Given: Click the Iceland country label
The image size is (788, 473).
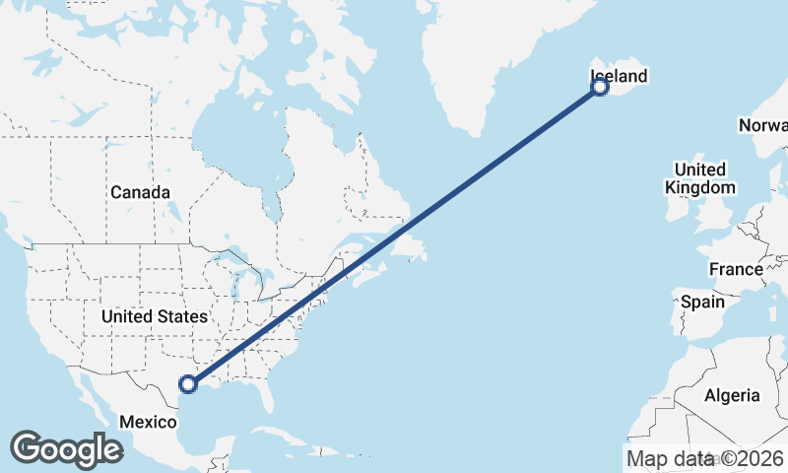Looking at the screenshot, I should [619, 76].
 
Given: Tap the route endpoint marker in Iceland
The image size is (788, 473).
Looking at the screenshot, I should [599, 88].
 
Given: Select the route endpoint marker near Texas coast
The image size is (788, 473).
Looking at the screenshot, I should [188, 383].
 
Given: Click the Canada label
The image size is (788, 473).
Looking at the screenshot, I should [140, 192].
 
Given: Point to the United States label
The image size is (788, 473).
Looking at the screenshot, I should [155, 316].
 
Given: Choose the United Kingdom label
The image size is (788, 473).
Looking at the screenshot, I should [700, 177].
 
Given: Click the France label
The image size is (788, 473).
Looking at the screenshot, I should [736, 269].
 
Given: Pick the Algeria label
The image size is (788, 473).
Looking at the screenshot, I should [732, 395].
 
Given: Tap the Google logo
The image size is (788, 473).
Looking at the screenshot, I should [66, 448].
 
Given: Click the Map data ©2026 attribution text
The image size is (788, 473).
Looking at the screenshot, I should [705, 458].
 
